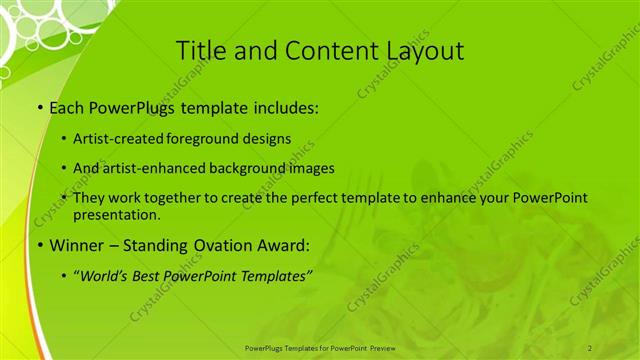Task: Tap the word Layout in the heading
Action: point(421,50)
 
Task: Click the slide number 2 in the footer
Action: point(590,347)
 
